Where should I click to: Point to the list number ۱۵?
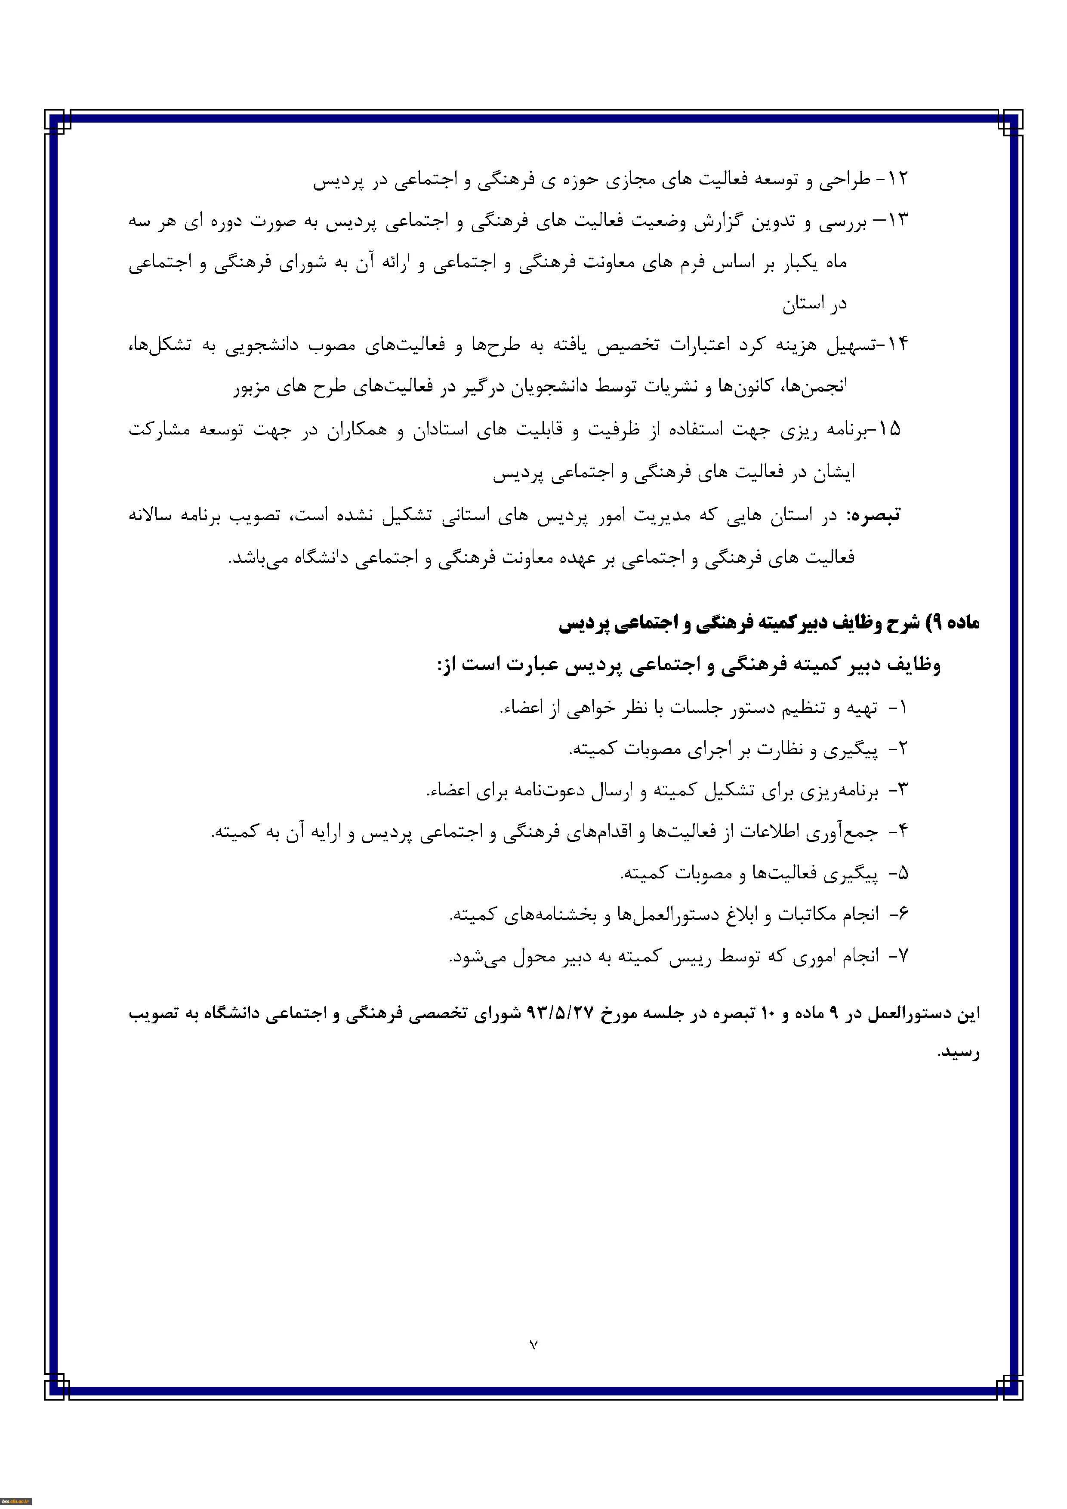889,429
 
